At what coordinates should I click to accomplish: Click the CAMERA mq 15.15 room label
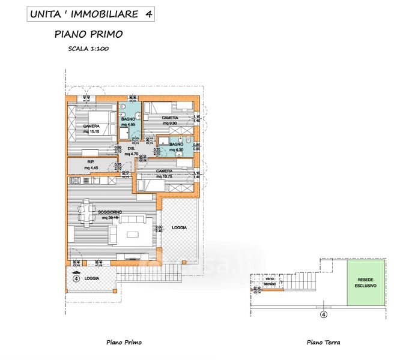coord(92,128)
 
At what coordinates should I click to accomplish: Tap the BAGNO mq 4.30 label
coord(176,147)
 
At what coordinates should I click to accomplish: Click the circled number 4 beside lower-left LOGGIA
coord(76,278)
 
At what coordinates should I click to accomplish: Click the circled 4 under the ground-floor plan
coord(323,313)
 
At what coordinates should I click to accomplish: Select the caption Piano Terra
coord(323,343)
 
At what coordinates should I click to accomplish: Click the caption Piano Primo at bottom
coord(124,343)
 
